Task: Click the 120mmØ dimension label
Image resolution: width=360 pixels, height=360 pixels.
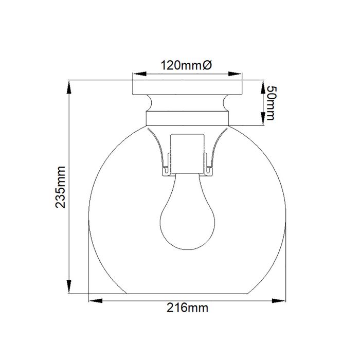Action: coord(186,65)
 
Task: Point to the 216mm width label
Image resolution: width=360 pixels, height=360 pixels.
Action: coord(187,308)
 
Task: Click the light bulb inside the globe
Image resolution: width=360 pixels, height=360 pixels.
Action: coord(187,216)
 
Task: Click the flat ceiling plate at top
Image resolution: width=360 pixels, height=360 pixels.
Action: coord(187,86)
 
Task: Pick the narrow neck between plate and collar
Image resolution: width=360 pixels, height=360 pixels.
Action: coord(187,102)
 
